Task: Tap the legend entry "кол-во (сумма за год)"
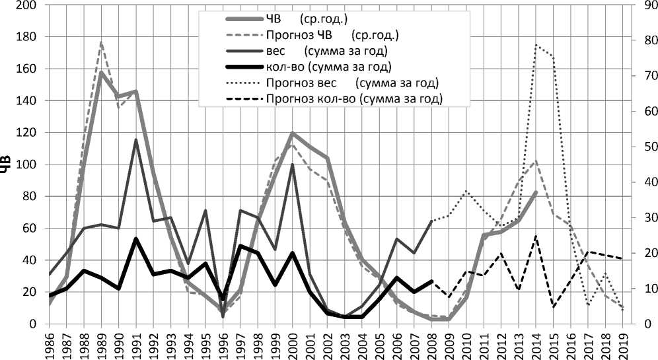coord(330,67)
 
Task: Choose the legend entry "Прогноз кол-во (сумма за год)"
coord(354,99)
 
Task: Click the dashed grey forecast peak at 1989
coord(101,42)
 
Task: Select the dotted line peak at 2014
coord(536,45)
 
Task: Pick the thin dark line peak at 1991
coord(136,139)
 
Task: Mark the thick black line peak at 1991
coord(136,238)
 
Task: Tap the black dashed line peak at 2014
coord(536,236)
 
